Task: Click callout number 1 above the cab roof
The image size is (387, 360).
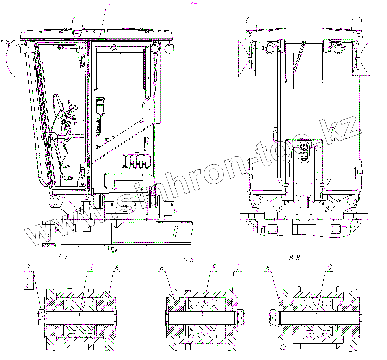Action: click(110, 5)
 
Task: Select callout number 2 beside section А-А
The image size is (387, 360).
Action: click(28, 267)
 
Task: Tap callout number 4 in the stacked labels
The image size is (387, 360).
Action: click(28, 286)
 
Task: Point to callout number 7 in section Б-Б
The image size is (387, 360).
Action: click(239, 267)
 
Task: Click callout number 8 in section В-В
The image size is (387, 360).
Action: click(268, 268)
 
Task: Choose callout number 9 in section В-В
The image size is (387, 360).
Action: click(330, 267)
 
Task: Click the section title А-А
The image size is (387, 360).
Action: click(63, 257)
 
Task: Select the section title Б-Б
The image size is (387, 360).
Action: click(188, 259)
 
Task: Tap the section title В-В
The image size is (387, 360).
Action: click(294, 258)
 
